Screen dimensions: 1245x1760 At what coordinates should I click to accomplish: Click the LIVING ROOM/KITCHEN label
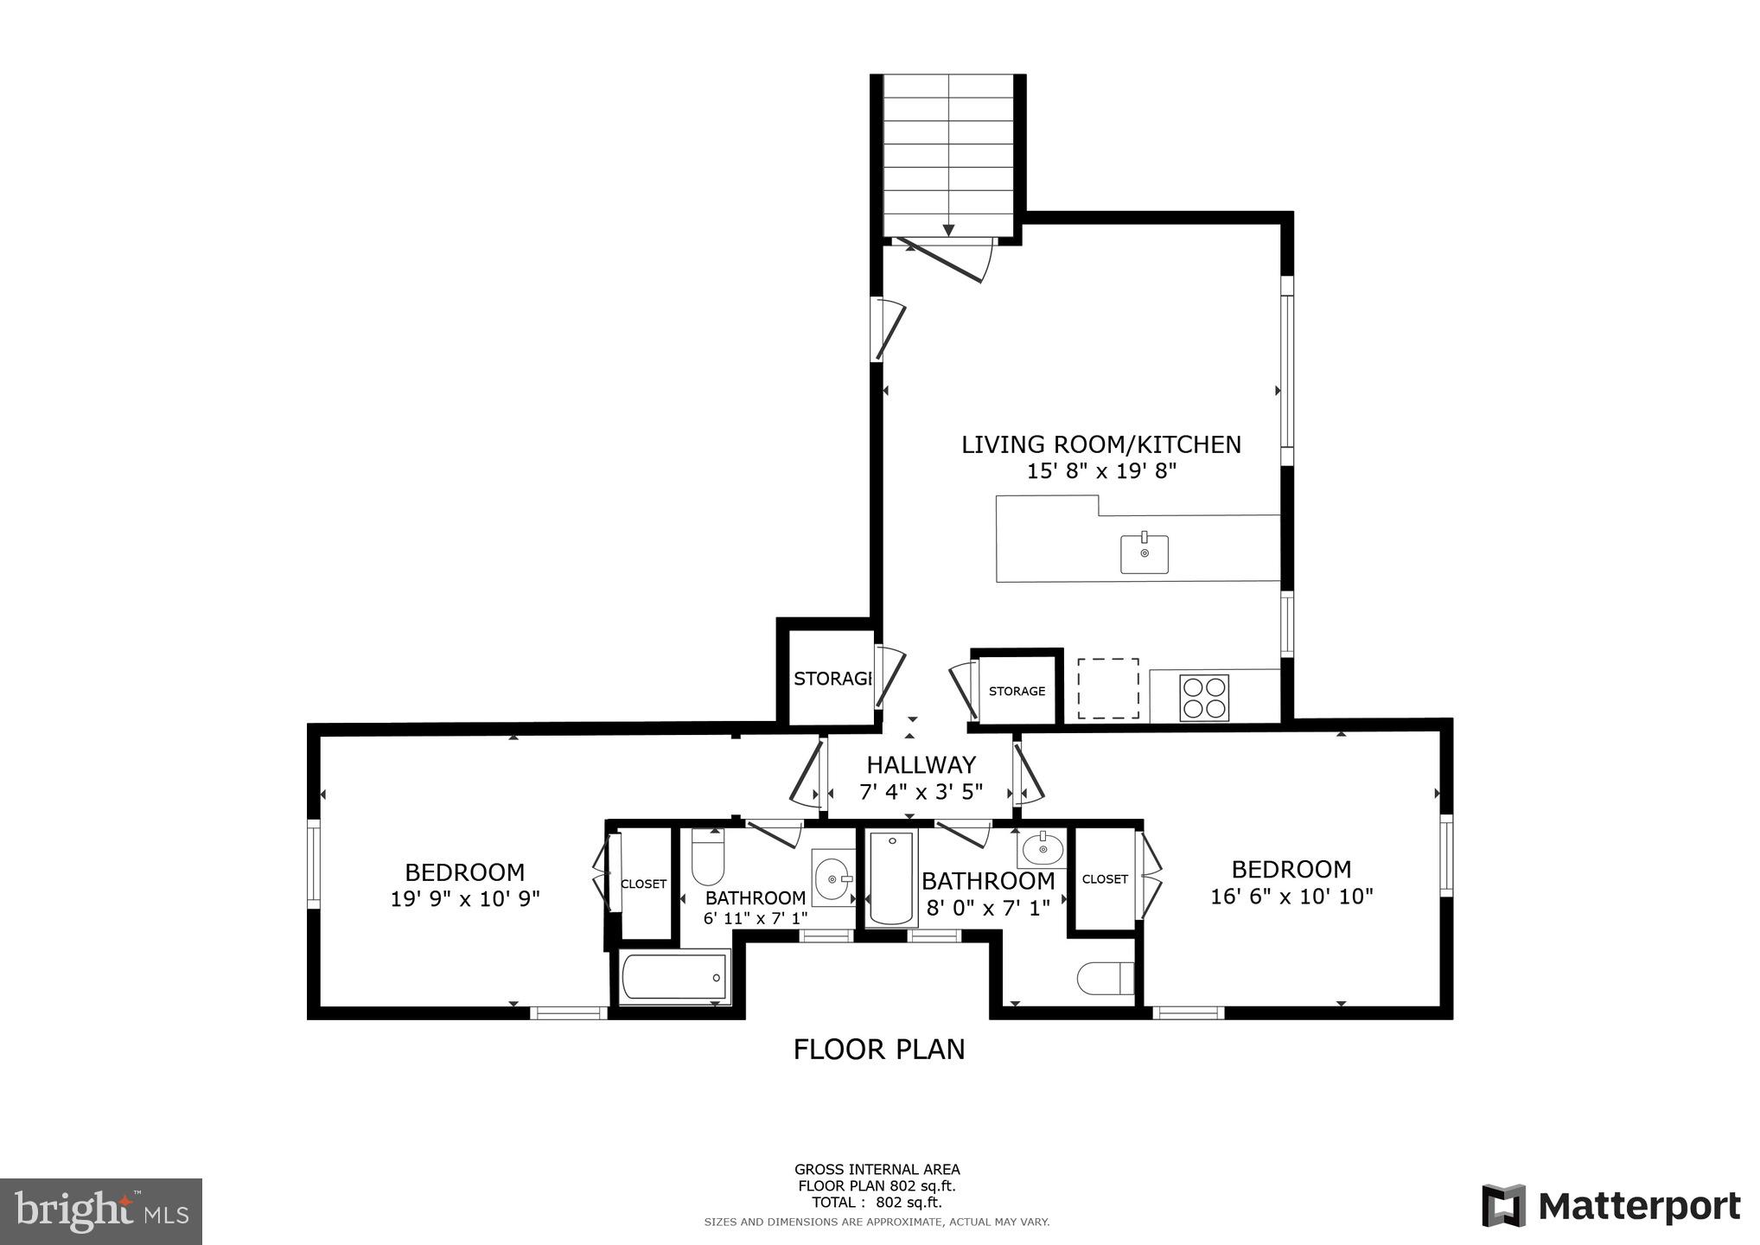pyautogui.click(x=1100, y=444)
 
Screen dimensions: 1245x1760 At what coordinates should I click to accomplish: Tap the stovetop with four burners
pyautogui.click(x=1204, y=697)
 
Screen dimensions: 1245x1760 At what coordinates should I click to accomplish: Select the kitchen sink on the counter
pyautogui.click(x=1144, y=553)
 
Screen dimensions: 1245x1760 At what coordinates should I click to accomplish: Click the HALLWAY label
pyautogui.click(x=921, y=765)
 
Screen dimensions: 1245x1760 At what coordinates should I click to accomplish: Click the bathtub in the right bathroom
pyautogui.click(x=890, y=878)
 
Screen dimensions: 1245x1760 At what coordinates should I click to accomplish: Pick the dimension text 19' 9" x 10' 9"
pyautogui.click(x=464, y=899)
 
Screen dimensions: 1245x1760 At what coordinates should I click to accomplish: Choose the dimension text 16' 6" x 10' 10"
pyautogui.click(x=1291, y=897)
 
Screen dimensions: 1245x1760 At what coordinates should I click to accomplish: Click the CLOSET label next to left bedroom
pyautogui.click(x=643, y=884)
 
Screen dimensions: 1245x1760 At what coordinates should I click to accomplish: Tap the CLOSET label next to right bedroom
pyautogui.click(x=1105, y=878)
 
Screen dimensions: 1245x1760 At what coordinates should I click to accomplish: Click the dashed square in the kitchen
pyautogui.click(x=1107, y=688)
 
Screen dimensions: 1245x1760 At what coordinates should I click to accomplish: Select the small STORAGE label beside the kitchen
pyautogui.click(x=1017, y=691)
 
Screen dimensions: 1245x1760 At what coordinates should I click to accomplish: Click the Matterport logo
pyautogui.click(x=1610, y=1205)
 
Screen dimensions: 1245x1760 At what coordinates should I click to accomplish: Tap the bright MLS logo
pyautogui.click(x=101, y=1210)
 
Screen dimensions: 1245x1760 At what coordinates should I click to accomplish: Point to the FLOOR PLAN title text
pyautogui.click(x=878, y=1049)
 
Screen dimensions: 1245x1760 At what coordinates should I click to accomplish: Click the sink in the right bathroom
pyautogui.click(x=1043, y=849)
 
